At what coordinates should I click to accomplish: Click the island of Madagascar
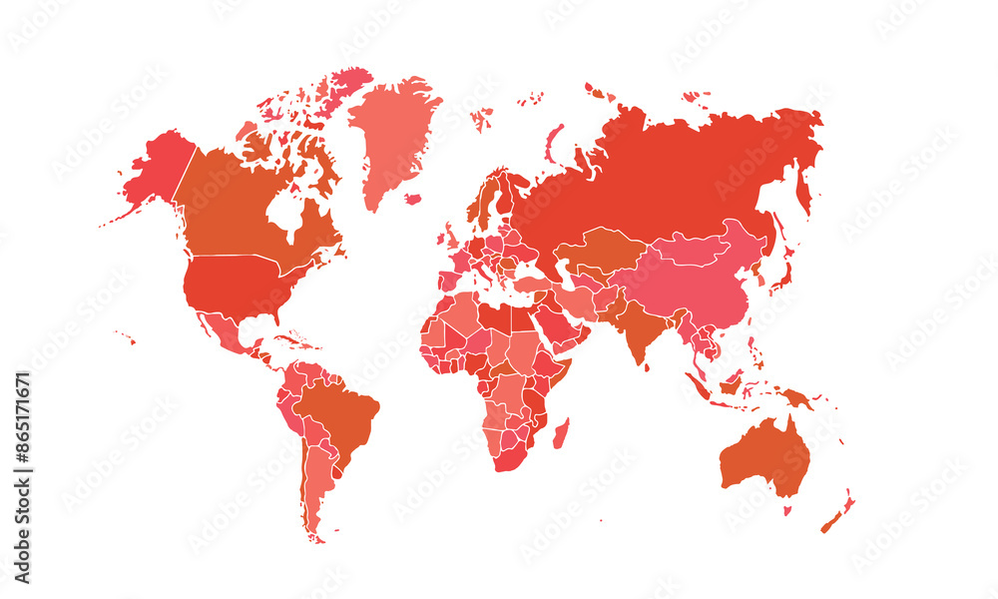pos(561,432)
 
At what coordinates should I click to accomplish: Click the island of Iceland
pos(412,199)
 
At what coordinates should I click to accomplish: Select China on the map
pos(699,285)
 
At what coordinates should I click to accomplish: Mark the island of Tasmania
pos(786,510)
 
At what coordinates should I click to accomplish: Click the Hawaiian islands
pos(126,336)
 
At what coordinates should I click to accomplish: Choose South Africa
pos(509,454)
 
